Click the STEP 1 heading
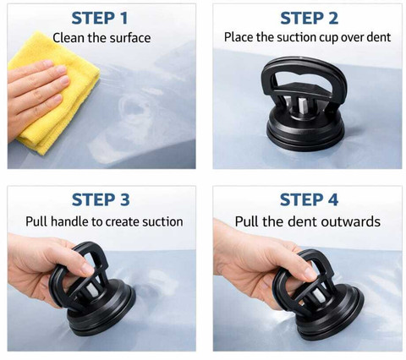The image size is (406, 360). (x=100, y=19)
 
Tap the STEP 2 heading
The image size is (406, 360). (x=309, y=19)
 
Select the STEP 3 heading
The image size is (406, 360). (x=101, y=200)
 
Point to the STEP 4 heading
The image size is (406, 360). (x=309, y=200)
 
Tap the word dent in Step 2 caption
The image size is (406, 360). (x=379, y=37)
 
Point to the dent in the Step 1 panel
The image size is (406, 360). (x=134, y=108)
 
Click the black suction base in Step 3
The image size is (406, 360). (x=101, y=310)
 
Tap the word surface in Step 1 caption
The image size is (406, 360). (x=130, y=38)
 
